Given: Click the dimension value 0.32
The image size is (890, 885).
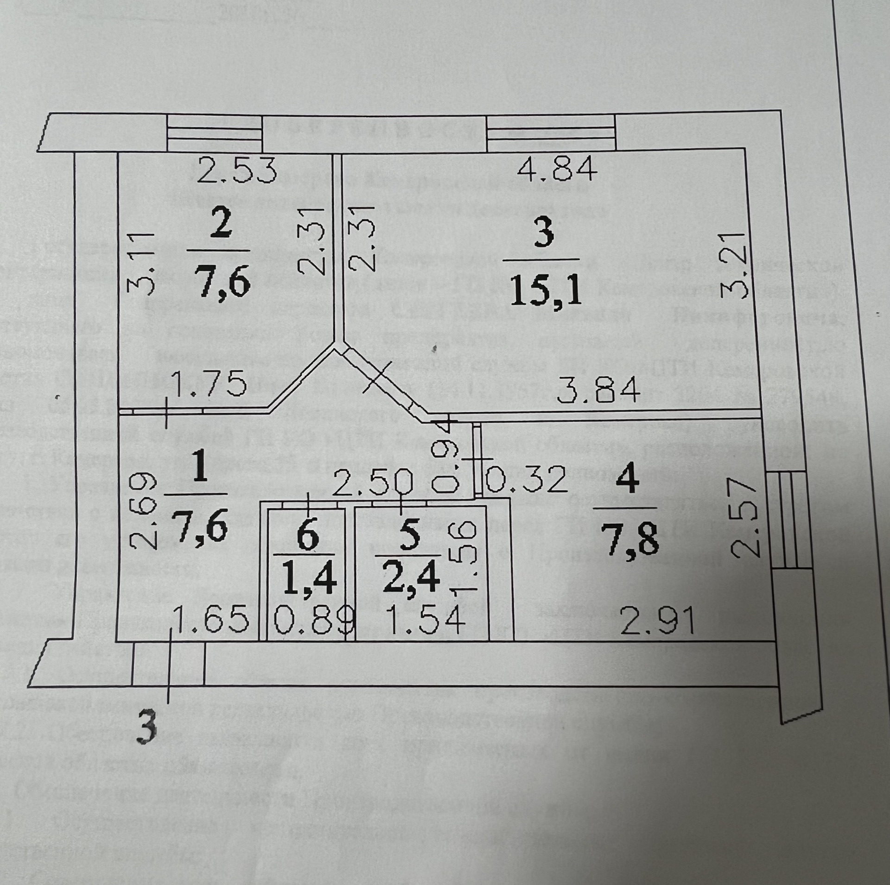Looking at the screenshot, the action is [526, 479].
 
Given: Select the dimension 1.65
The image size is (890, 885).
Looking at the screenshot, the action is [210, 620].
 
